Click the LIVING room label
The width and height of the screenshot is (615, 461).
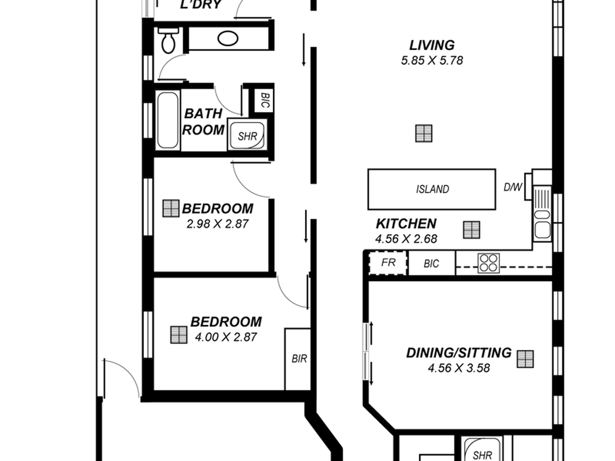click(x=432, y=46)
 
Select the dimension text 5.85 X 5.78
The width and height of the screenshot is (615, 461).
click(x=432, y=60)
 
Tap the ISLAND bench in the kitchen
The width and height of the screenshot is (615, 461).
click(x=432, y=189)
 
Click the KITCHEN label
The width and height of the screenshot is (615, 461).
click(x=406, y=224)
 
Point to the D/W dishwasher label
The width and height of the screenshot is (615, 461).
click(x=512, y=187)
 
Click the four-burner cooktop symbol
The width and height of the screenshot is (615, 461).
click(x=488, y=263)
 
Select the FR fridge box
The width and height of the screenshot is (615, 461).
click(x=388, y=263)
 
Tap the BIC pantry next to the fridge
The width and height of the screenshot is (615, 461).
click(x=432, y=263)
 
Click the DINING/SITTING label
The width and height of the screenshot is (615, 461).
click(x=459, y=353)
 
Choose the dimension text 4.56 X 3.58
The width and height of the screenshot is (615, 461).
click(x=459, y=368)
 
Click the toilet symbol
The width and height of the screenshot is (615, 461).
click(x=168, y=40)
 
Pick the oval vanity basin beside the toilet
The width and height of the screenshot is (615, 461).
click(x=228, y=38)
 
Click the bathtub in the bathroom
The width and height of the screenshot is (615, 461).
click(x=168, y=120)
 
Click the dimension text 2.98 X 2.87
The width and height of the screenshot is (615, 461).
click(x=217, y=224)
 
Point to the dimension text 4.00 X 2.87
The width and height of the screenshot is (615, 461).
click(x=226, y=337)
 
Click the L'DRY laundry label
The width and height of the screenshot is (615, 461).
click(x=201, y=5)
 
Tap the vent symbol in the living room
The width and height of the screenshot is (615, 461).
click(x=424, y=133)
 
